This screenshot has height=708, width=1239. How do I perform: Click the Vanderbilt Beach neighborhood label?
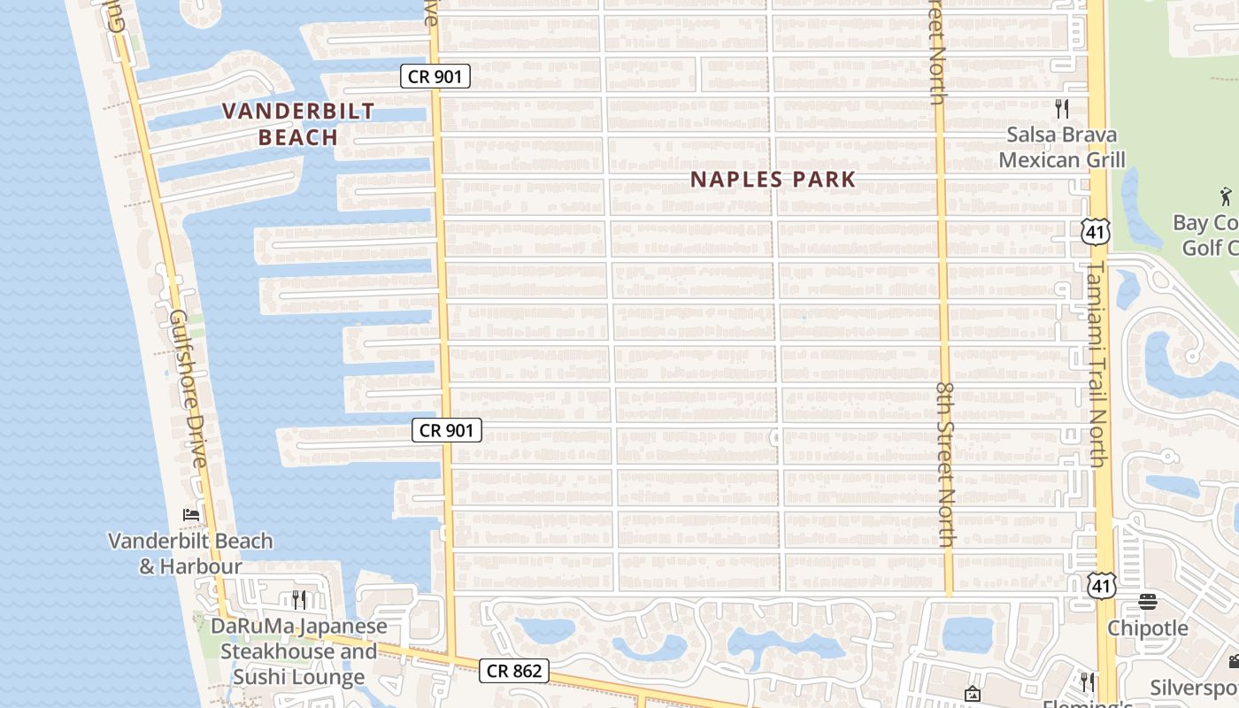pyautogui.click(x=298, y=124)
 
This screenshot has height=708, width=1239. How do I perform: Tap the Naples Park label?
pyautogui.click(x=773, y=180)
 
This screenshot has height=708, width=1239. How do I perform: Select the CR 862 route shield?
pyautogui.click(x=514, y=671)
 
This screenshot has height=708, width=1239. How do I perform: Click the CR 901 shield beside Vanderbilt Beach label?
pyautogui.click(x=435, y=76)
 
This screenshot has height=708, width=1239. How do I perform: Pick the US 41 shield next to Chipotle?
pyautogui.click(x=1103, y=585)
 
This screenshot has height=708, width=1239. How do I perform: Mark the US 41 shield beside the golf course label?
pyautogui.click(x=1095, y=232)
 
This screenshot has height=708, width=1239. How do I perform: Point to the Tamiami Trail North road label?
pyautogui.click(x=1097, y=363)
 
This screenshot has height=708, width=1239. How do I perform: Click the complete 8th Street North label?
pyautogui.click(x=945, y=464)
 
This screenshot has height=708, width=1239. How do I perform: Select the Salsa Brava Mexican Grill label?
pyautogui.click(x=1062, y=147)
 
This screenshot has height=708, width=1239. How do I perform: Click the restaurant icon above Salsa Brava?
pyautogui.click(x=1062, y=109)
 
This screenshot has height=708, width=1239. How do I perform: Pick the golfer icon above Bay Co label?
pyautogui.click(x=1225, y=196)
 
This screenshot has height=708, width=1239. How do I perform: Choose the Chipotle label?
pyautogui.click(x=1148, y=628)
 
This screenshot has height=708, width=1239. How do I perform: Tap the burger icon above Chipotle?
pyautogui.click(x=1148, y=602)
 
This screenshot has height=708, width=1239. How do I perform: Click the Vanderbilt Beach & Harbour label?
pyautogui.click(x=190, y=553)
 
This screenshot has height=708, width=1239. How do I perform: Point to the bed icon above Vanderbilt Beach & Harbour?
pyautogui.click(x=190, y=514)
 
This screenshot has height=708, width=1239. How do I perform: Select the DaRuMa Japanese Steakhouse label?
pyautogui.click(x=299, y=651)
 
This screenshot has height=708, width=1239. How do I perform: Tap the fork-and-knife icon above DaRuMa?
pyautogui.click(x=299, y=600)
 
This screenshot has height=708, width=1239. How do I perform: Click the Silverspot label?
pyautogui.click(x=1195, y=688)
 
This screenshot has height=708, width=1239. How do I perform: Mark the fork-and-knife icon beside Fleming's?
pyautogui.click(x=1088, y=682)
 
